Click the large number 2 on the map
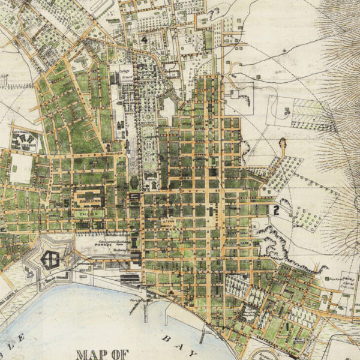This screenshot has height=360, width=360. click(x=276, y=209)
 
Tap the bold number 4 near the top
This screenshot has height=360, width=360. click(x=145, y=40)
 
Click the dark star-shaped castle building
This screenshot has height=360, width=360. click(x=50, y=259)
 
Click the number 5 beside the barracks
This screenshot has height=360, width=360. click(x=66, y=203)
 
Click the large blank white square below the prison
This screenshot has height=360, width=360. click(x=21, y=169)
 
